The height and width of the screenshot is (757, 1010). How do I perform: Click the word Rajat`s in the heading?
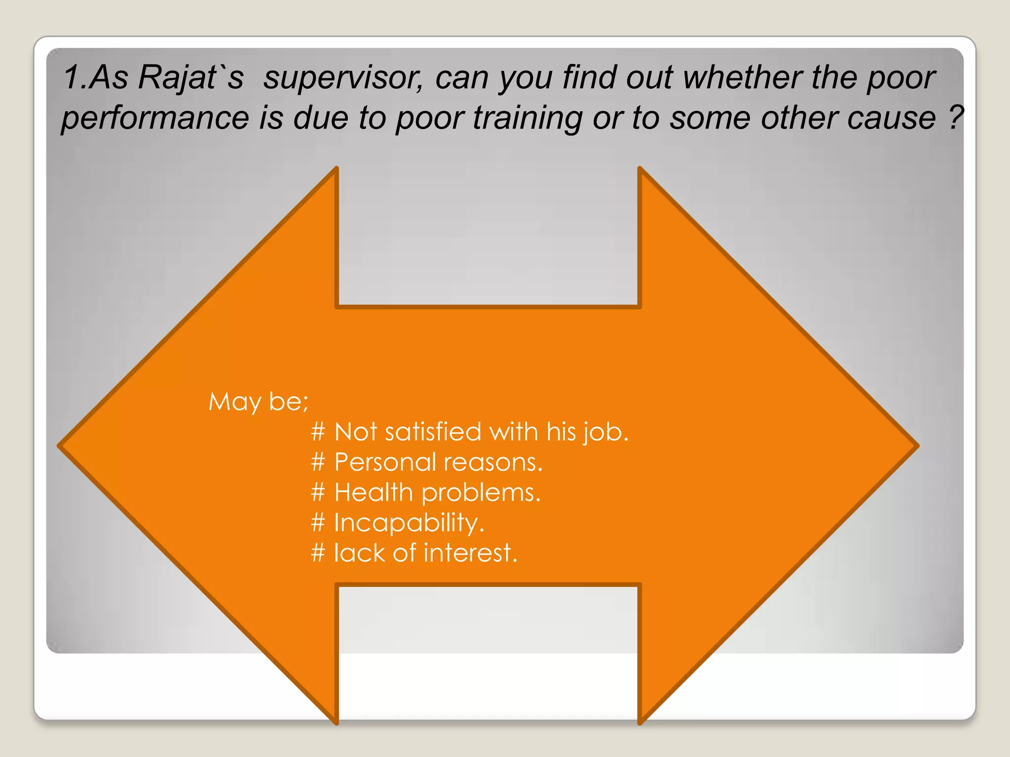[x=191, y=77]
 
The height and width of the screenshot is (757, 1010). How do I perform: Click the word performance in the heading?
[x=155, y=118]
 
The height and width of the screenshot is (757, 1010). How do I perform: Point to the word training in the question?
[x=528, y=118]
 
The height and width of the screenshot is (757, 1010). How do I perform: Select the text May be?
[x=258, y=402]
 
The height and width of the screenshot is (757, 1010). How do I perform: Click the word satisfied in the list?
[x=433, y=432]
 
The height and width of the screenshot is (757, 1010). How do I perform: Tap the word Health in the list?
[x=373, y=492]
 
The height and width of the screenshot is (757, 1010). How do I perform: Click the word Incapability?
[x=409, y=523]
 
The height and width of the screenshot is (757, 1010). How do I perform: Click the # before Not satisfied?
[x=318, y=432]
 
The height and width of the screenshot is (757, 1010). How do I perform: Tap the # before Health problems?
[x=318, y=492]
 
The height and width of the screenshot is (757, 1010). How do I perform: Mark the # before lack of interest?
[x=318, y=553]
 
